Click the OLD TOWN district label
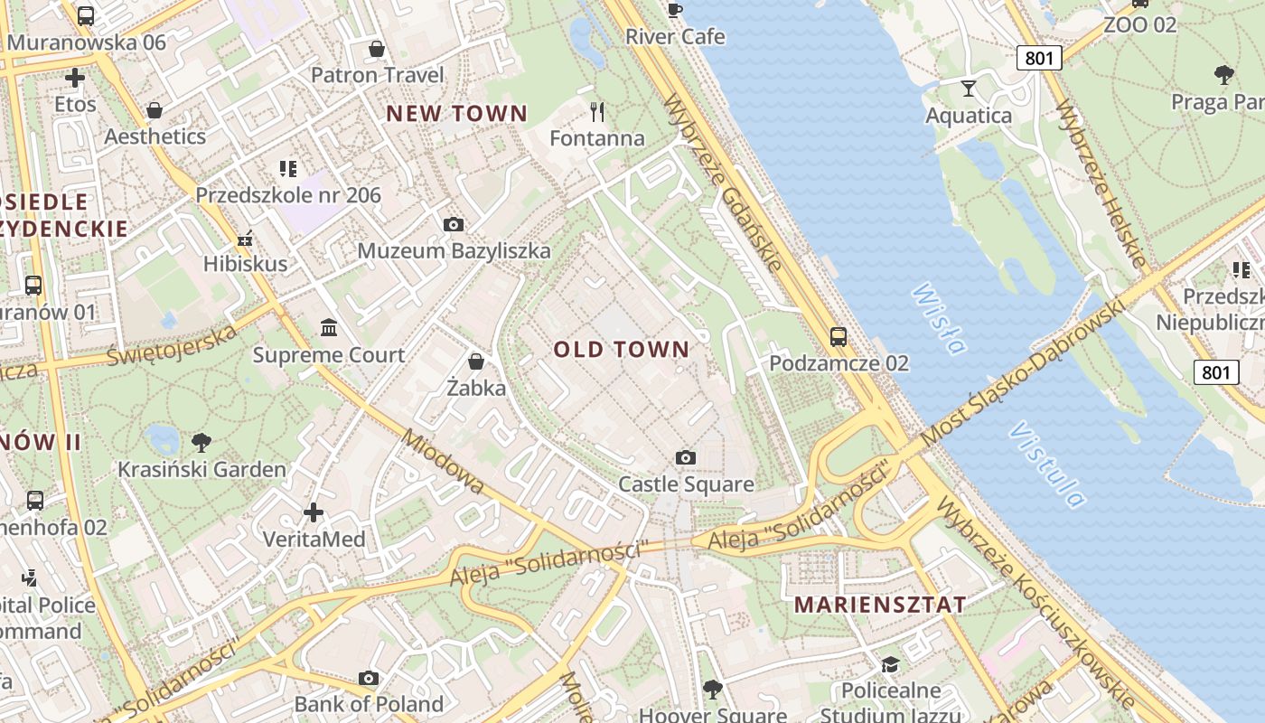[621, 350]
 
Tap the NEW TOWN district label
[456, 114]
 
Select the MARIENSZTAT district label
[880, 605]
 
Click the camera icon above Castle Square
[686, 458]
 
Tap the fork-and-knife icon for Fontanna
[596, 112]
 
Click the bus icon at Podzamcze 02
[839, 337]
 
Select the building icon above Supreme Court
[329, 327]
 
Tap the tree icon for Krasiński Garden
[201, 442]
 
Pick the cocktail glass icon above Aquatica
[969, 88]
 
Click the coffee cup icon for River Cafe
[674, 10]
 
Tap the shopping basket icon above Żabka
[476, 361]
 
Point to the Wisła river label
[940, 319]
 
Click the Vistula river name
[1048, 465]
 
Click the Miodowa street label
[445, 463]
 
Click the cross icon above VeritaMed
[314, 512]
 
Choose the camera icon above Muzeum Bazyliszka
[454, 224]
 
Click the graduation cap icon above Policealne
[890, 664]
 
